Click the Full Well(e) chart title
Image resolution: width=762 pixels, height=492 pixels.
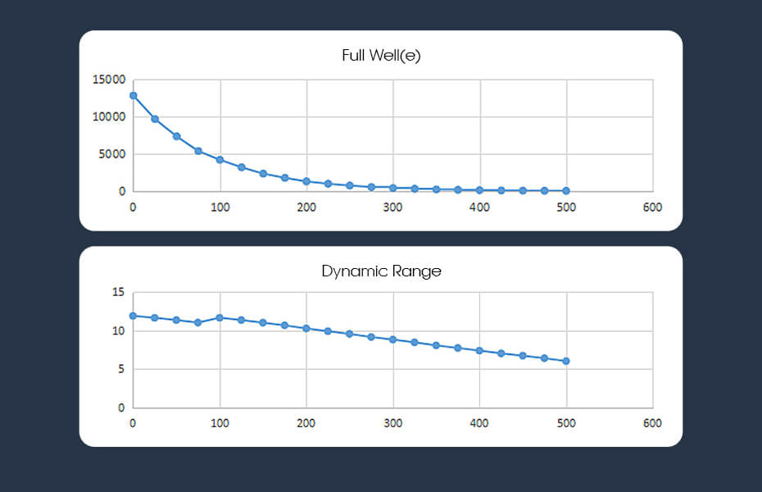(381, 57)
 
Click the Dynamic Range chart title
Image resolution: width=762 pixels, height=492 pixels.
(381, 271)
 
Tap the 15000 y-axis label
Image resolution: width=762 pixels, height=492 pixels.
(109, 80)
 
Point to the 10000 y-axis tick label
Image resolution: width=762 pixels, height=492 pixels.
(109, 117)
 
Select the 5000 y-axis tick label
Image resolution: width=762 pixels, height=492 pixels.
(112, 154)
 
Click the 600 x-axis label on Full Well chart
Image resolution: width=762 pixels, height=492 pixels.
(652, 207)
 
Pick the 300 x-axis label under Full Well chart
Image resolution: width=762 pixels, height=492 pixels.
(392, 207)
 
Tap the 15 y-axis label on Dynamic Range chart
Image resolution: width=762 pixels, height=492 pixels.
(118, 293)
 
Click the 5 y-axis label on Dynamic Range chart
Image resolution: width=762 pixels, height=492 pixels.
(120, 370)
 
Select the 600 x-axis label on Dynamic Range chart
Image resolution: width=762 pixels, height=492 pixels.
(652, 423)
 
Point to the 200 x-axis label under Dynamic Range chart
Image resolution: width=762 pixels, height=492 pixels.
(306, 423)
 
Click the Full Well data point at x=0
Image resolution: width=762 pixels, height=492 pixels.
(133, 95)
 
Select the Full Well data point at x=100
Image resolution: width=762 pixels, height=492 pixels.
(220, 160)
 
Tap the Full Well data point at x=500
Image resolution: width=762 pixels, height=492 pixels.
(566, 190)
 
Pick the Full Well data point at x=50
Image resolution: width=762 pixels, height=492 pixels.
(176, 136)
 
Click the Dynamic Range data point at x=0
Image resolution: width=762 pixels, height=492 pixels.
(133, 316)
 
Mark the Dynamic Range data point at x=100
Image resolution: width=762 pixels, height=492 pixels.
(220, 317)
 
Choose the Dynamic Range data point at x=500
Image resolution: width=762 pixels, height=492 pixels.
(566, 361)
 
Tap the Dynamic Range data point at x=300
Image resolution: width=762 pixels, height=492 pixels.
(392, 339)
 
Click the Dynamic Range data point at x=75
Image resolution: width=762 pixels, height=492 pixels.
(197, 322)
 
